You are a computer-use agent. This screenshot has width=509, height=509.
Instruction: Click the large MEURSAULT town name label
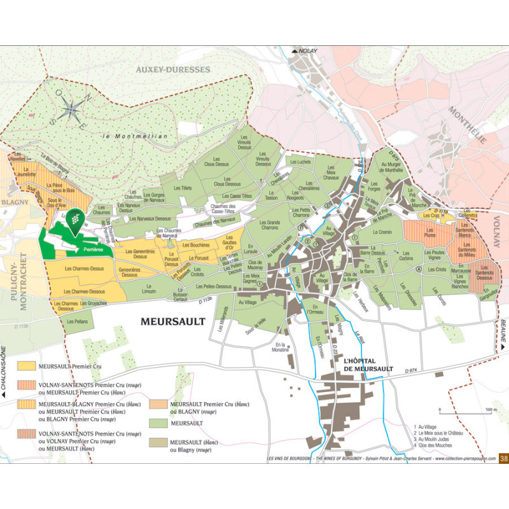click(173, 321)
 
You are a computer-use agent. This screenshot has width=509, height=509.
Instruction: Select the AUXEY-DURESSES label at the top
click(172, 69)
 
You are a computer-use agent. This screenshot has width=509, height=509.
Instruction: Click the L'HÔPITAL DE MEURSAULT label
click(368, 365)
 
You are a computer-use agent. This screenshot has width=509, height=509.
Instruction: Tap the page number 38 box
click(503, 457)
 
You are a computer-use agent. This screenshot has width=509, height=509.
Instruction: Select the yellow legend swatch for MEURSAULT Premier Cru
click(27, 366)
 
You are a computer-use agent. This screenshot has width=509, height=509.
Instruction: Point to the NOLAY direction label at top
click(305, 50)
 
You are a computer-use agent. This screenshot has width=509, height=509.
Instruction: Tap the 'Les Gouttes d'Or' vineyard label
click(231, 242)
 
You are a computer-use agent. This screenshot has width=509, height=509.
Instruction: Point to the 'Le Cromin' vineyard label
click(383, 232)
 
